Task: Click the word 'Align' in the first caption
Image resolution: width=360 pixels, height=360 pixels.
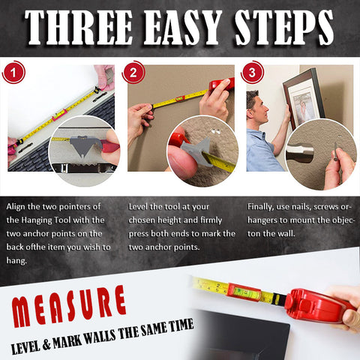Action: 18,205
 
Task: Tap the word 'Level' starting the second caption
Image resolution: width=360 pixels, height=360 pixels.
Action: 139,205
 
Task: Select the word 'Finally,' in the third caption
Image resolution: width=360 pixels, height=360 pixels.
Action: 264,205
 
